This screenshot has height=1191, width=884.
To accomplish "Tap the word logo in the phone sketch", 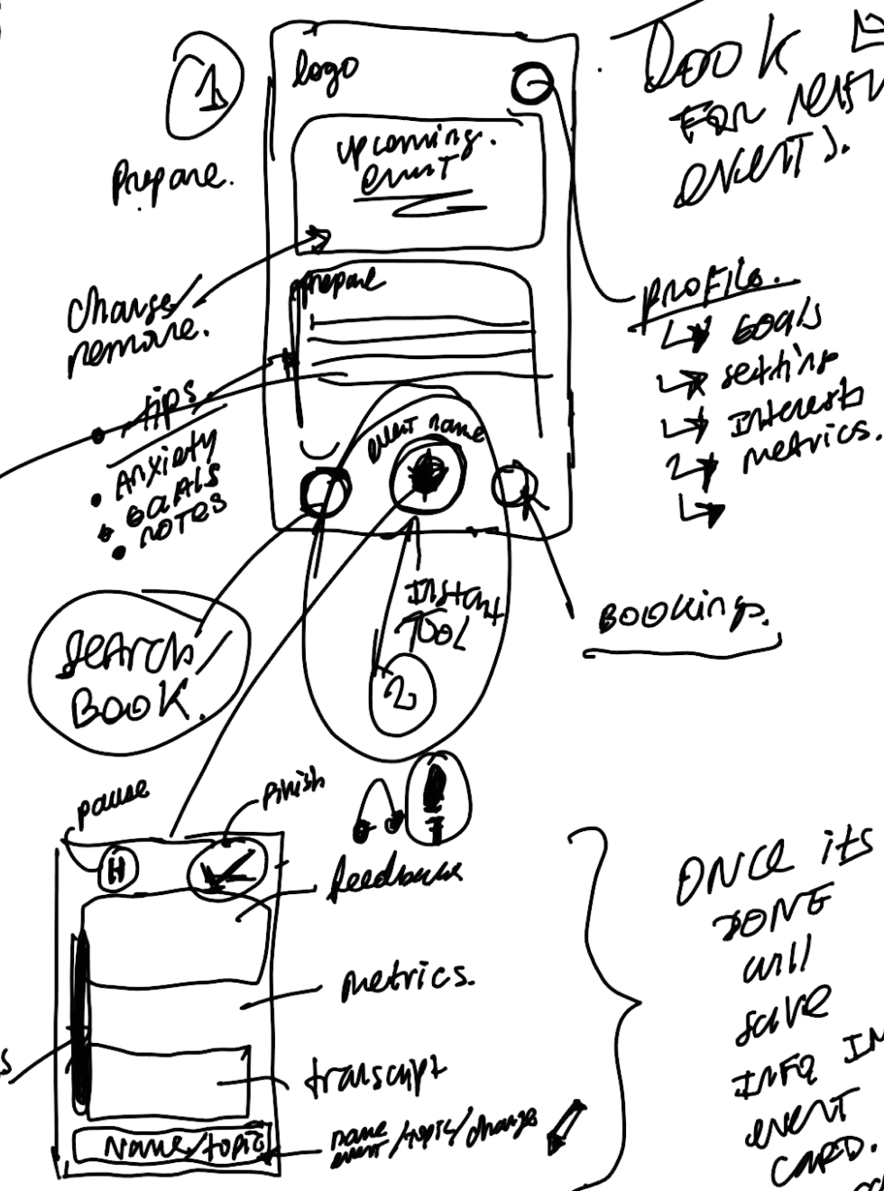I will point(324,73).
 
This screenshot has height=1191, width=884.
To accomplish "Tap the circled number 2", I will point(402,696).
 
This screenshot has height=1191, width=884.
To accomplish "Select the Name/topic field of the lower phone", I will point(171,1146).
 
